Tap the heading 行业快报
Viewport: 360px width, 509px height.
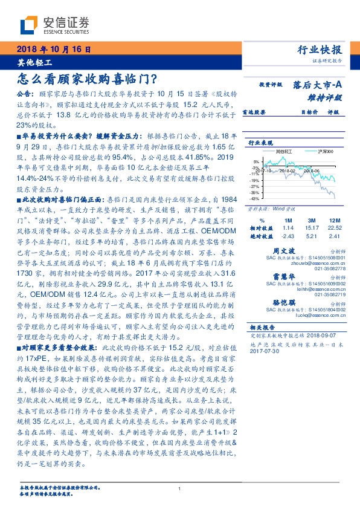tap(321, 50)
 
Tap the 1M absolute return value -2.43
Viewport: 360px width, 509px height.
tap(288, 236)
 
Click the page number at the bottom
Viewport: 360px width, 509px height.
tap(179, 489)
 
